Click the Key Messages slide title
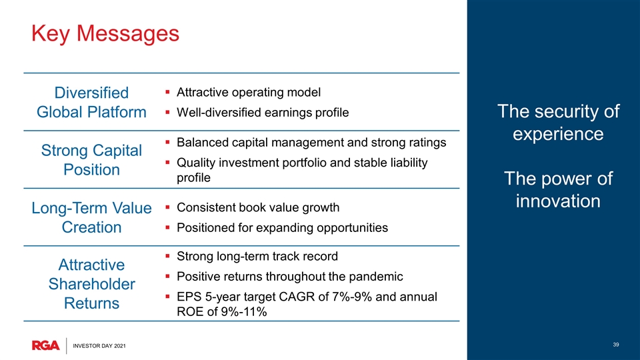(105, 33)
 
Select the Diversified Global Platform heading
(91, 103)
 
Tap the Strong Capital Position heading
(91, 160)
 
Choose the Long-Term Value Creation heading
(91, 217)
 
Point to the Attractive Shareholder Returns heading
(91, 284)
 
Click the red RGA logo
(46, 345)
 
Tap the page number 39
(616, 345)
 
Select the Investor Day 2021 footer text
(99, 346)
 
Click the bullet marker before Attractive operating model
(167, 92)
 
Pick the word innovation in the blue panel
(558, 201)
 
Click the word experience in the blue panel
(558, 134)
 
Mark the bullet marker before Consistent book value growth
(167, 207)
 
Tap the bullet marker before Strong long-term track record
(167, 256)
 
